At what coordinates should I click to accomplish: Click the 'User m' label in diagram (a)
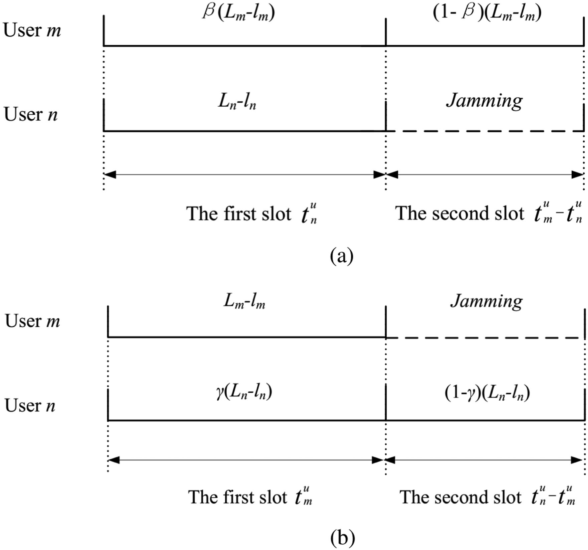click(x=32, y=30)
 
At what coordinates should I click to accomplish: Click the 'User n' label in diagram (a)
click(x=31, y=114)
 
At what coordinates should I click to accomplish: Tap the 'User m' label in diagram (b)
click(x=32, y=321)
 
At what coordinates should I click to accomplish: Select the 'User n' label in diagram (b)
click(x=30, y=405)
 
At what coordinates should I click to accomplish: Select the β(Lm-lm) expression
click(x=239, y=13)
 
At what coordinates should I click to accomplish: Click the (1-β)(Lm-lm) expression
click(x=487, y=13)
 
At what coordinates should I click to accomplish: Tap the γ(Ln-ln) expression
click(x=244, y=391)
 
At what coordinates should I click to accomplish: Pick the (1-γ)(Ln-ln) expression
click(x=487, y=393)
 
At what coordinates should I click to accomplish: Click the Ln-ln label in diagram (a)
click(x=237, y=101)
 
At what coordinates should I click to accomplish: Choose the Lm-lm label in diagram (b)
click(x=244, y=301)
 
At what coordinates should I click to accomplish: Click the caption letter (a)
click(x=341, y=256)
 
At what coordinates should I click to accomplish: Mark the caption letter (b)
click(x=342, y=538)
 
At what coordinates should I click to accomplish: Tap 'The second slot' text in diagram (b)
click(x=460, y=497)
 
